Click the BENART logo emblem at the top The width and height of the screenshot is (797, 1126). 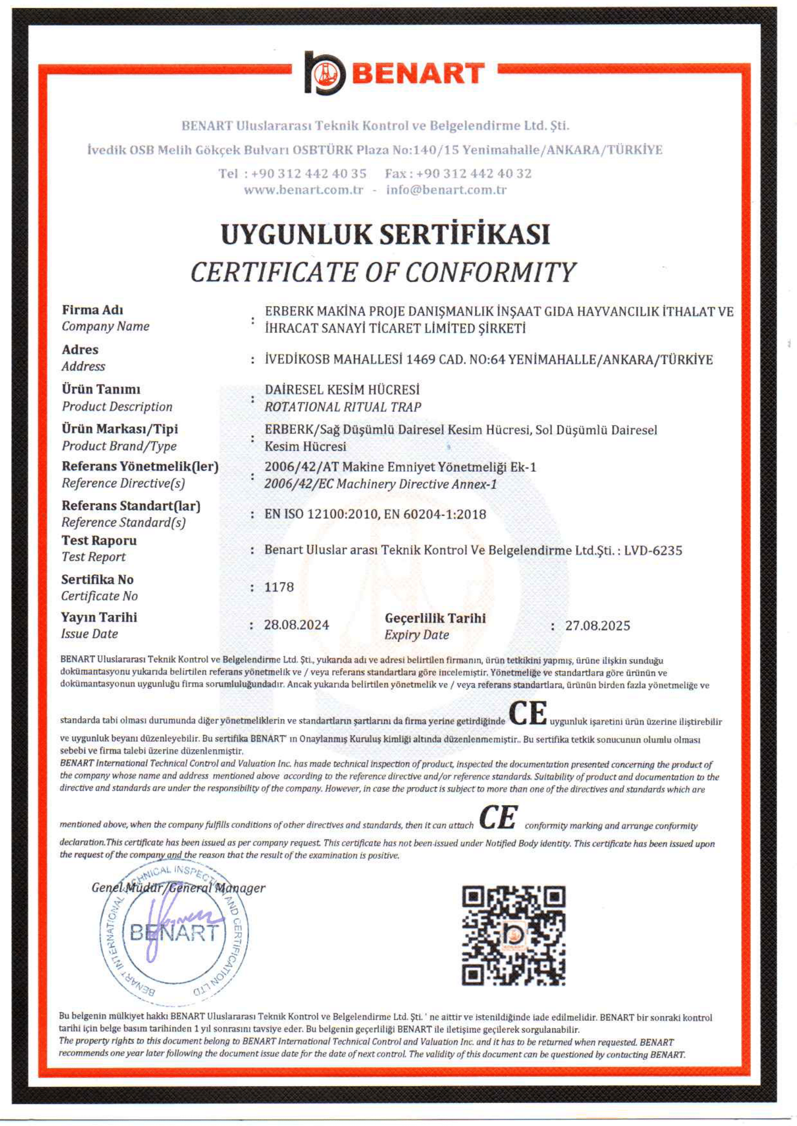(324, 74)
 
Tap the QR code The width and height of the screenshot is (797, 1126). (513, 935)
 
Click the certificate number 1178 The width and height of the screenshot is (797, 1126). (279, 587)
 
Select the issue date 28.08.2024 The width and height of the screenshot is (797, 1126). (297, 625)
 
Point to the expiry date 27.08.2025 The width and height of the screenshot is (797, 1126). (597, 625)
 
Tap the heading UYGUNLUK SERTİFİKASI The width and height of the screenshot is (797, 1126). (385, 235)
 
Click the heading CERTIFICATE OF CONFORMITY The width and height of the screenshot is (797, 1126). (383, 273)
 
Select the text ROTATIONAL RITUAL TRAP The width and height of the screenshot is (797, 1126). (342, 407)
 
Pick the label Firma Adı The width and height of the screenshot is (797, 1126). (92, 310)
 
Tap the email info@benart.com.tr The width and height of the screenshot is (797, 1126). (446, 190)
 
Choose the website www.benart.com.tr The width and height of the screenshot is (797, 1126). (303, 190)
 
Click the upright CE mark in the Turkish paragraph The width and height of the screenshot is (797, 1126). (527, 714)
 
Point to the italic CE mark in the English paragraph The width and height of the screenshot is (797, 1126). (498, 818)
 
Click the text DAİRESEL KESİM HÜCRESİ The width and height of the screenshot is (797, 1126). (342, 389)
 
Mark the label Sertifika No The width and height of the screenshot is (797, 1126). (97, 579)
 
